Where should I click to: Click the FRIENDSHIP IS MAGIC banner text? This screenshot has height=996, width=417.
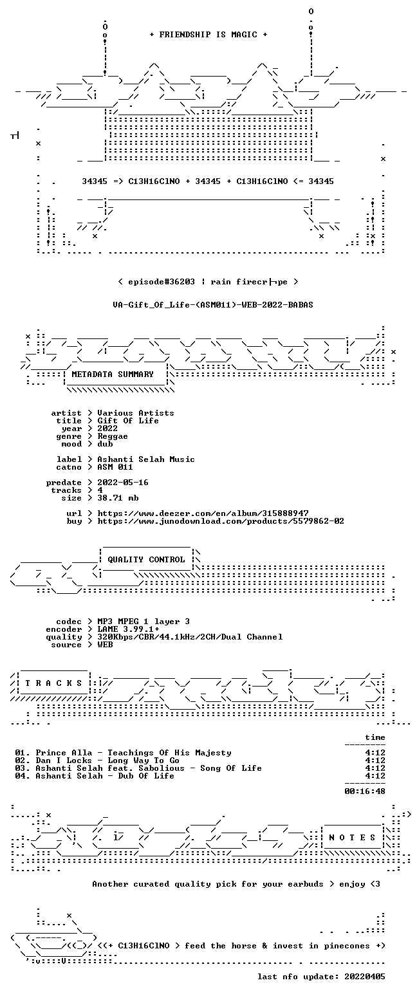coord(208,35)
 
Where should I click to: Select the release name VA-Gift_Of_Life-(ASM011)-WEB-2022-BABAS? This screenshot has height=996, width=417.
coord(213,305)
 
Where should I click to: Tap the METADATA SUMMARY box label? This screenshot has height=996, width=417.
coord(113,374)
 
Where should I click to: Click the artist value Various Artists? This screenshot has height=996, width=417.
coord(136,413)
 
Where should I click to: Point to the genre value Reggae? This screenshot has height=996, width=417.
coord(113,436)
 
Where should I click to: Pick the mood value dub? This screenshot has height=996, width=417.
coord(105,444)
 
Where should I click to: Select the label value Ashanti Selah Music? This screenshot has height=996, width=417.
coord(146,459)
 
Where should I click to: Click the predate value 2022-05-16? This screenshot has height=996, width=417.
coord(123,483)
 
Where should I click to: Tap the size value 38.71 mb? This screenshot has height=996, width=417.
coord(118,498)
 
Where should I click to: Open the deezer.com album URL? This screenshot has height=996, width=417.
coord(203,513)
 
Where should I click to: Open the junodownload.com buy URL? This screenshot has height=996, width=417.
coord(221,521)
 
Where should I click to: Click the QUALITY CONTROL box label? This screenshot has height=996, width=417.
coord(146,560)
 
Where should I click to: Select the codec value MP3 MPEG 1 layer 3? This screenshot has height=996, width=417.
coord(143,622)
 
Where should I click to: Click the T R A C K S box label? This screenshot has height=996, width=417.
coord(53,683)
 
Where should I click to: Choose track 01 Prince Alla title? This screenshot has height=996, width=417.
coord(133,753)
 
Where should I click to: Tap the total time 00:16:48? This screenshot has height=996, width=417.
coord(364,791)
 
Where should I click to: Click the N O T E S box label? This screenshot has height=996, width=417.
coord(351,837)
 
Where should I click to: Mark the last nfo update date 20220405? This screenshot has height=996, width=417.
coord(364,977)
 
